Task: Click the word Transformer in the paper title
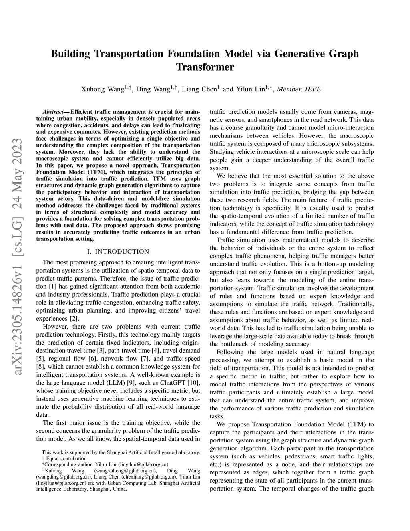[x=205, y=67]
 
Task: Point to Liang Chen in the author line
[x=199, y=89]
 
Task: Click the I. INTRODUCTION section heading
[x=118, y=252]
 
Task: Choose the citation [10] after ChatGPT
[x=193, y=382]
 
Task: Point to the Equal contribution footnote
[x=64, y=458]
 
